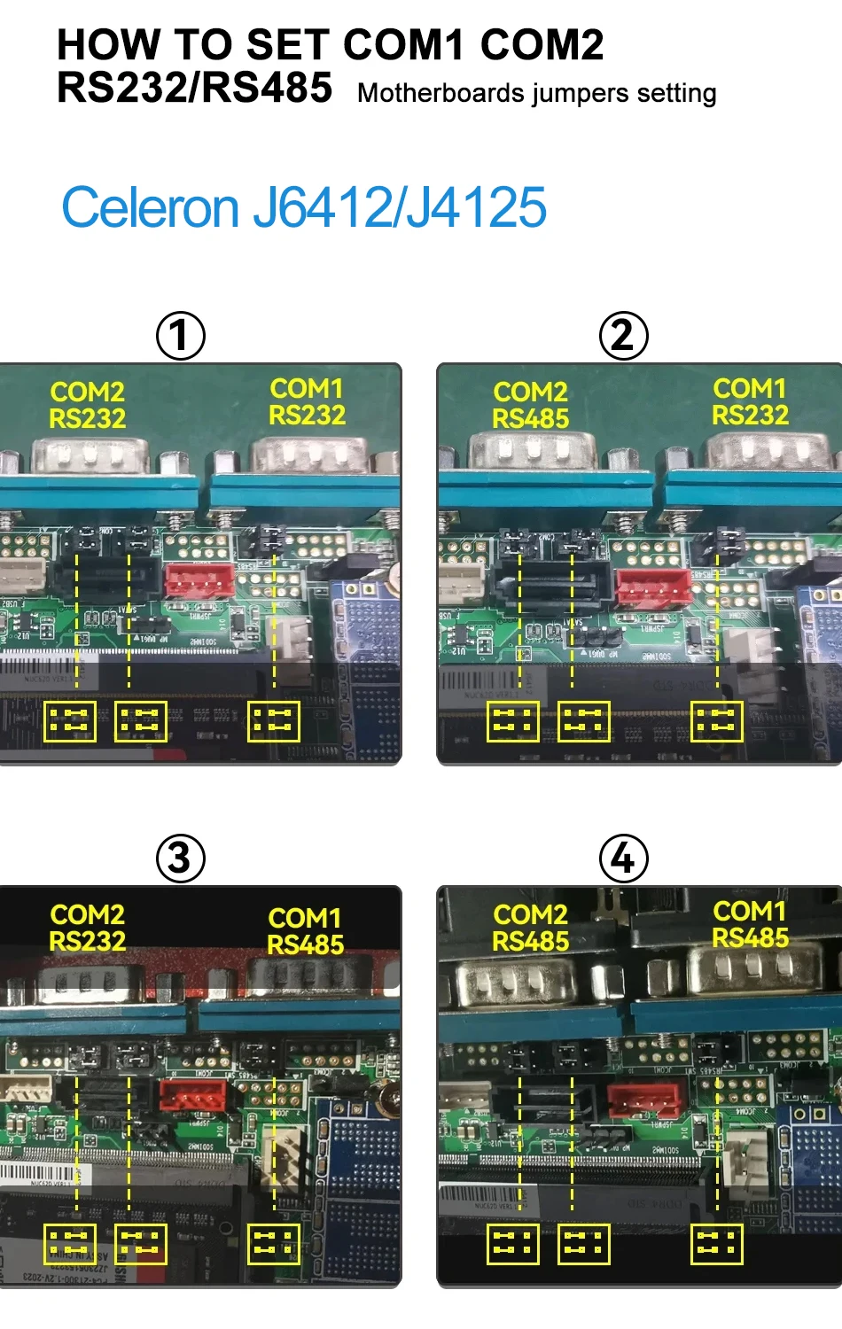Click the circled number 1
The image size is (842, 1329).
pos(181,336)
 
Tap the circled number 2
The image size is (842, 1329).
pos(623,336)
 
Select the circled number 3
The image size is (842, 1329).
pos(180,858)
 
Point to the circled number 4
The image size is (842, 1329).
pos(623,858)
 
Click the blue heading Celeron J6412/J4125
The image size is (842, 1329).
pos(304,208)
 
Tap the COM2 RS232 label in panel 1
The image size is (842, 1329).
pos(87,405)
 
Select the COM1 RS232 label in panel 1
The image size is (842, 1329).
pos(307,401)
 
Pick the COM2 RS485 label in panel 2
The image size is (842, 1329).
pos(530,405)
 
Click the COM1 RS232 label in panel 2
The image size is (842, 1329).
pos(750,401)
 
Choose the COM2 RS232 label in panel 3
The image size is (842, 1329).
pos(87,928)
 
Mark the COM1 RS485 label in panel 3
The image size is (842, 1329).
pos(305,931)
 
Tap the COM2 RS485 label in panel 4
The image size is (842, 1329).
pos(530,928)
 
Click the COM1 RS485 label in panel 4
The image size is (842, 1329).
pos(750,924)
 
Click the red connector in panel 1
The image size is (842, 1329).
pos(199,580)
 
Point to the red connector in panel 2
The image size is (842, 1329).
pos(653,587)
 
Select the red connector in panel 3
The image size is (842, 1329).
pos(192,1095)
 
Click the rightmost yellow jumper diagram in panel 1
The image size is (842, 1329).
pos(274,722)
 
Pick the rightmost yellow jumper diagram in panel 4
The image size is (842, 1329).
pos(717,1245)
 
